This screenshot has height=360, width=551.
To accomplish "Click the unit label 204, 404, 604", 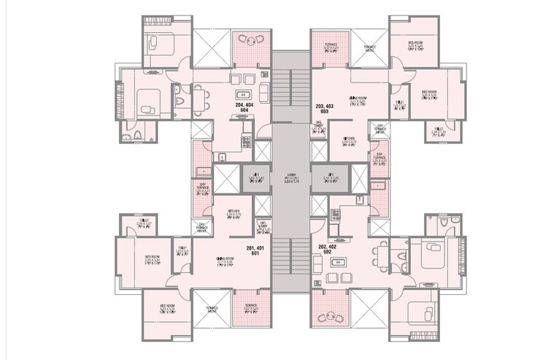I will [x=244, y=110].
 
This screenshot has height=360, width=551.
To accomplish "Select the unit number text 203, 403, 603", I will [x=325, y=110].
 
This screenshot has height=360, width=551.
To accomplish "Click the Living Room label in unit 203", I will [x=357, y=99].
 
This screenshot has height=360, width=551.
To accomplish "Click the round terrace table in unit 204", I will [x=252, y=41].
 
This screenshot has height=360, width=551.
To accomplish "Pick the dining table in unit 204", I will [x=199, y=94].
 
